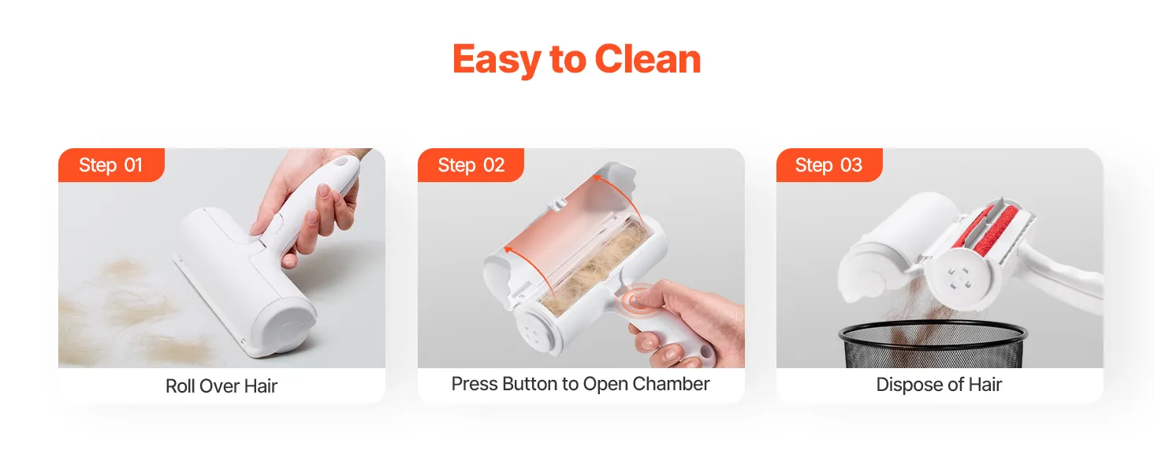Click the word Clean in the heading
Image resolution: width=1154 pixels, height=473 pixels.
click(x=648, y=59)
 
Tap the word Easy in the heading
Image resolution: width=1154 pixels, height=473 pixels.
click(x=497, y=60)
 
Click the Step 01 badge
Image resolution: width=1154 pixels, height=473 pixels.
click(x=111, y=165)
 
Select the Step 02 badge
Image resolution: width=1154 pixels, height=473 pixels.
click(x=471, y=165)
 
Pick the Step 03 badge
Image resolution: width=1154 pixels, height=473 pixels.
click(x=829, y=165)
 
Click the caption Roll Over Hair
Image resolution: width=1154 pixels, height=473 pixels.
click(x=221, y=386)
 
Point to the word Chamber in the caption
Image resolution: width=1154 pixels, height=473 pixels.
click(x=672, y=384)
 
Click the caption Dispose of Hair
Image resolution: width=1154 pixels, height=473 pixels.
click(x=939, y=385)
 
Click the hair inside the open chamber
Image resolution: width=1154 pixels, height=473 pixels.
click(x=593, y=270)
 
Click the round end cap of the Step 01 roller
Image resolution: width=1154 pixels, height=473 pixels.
click(x=289, y=329)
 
